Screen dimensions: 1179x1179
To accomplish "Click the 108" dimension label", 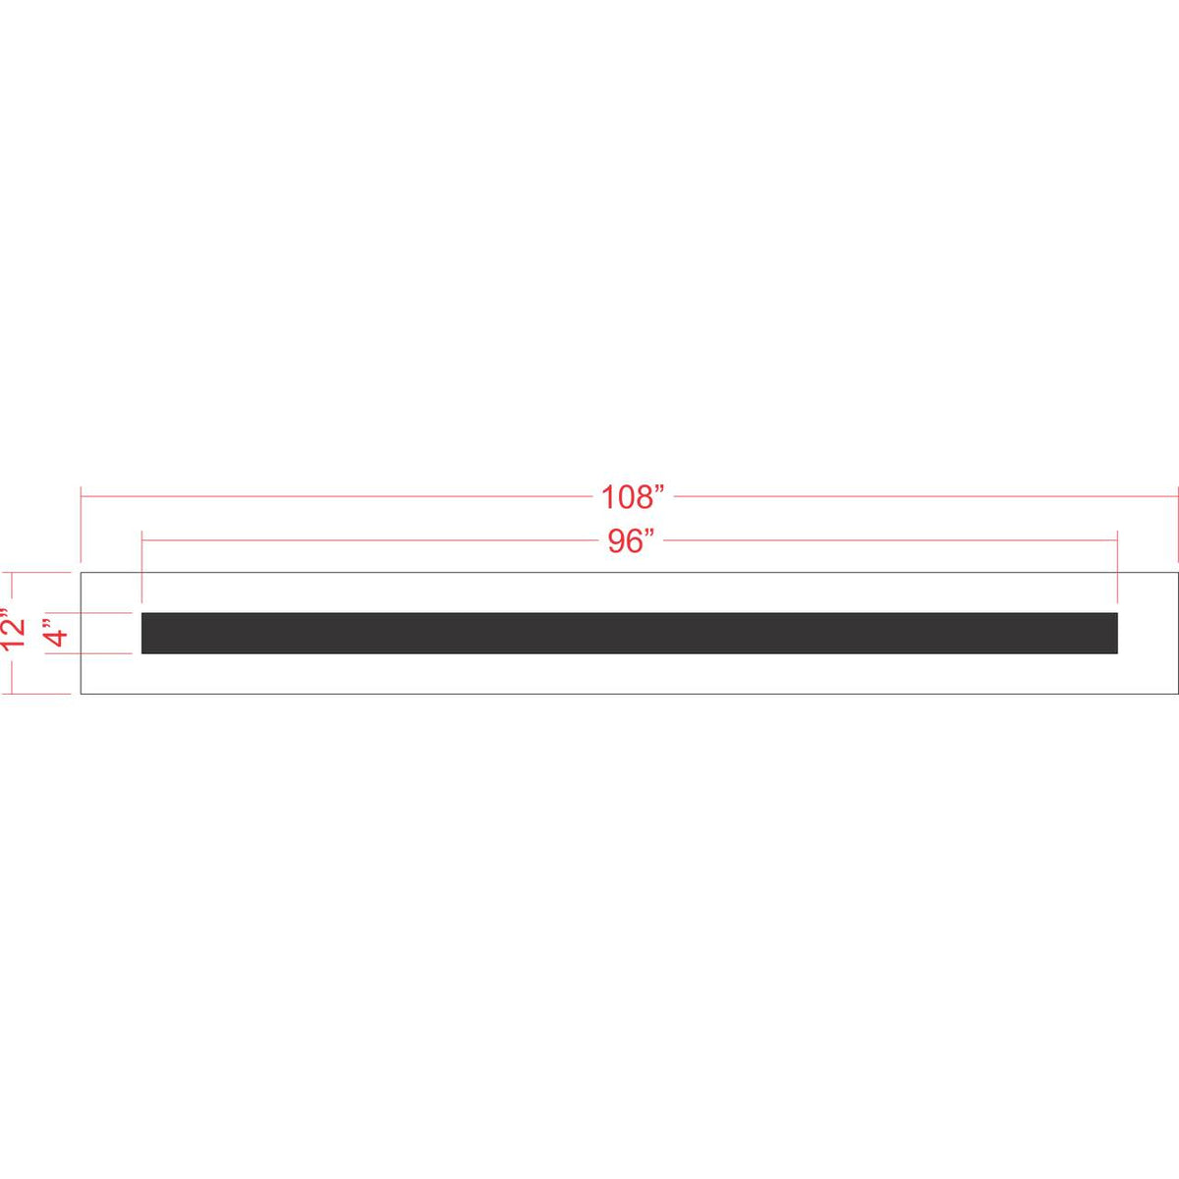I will [633, 497].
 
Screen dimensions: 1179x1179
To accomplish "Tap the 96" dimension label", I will [630, 541].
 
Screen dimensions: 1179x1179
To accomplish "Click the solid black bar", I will [630, 633].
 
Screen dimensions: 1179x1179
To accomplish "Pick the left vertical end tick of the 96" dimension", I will [142, 566].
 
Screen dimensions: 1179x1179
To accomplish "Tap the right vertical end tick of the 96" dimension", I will [1118, 566].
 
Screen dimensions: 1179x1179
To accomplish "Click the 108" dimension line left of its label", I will [334, 497].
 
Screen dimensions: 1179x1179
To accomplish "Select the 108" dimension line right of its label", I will [924, 497].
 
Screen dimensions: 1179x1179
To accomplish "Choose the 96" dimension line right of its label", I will [884, 540].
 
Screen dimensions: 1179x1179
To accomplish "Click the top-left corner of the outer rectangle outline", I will [81, 573].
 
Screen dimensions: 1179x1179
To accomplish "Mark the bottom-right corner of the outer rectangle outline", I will [1177, 694].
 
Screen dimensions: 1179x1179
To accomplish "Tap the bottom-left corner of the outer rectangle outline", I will [81, 694].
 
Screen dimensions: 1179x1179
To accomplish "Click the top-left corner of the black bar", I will [142, 613].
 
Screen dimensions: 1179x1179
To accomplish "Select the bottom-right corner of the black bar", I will [1118, 653].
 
